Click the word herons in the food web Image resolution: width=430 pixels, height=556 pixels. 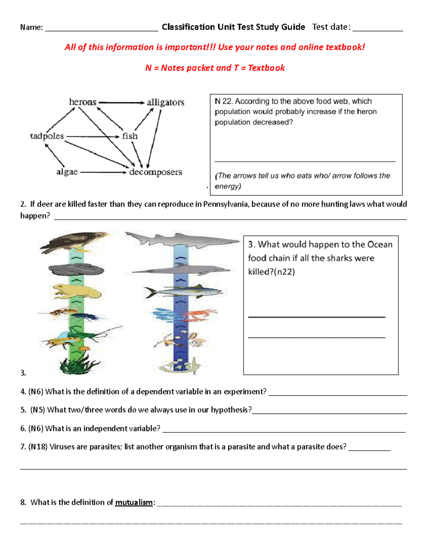[83, 102]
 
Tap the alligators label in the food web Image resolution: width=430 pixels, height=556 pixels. [166, 102]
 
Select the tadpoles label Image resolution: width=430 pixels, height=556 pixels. [47, 136]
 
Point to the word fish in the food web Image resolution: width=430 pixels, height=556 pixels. [130, 136]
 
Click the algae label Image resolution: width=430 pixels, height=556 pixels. [67, 172]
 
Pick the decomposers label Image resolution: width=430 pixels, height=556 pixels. [156, 172]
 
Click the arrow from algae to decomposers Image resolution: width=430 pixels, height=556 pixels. [104, 172]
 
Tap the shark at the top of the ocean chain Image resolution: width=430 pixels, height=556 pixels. [181, 239]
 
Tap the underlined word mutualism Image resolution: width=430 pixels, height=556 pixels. [134, 502]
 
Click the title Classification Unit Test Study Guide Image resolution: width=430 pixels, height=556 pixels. [233, 27]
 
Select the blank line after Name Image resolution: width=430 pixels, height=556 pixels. [101, 29]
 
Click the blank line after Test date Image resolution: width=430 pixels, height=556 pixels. [378, 29]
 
